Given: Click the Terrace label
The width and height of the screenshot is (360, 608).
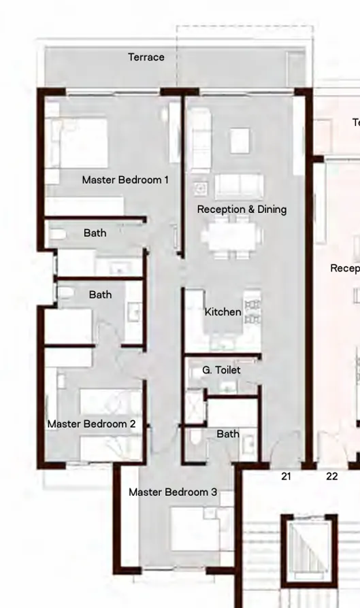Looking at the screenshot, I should tap(146, 57).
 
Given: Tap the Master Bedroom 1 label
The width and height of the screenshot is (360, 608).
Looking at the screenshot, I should tap(125, 180).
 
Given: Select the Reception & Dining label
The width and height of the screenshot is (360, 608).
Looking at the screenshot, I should tap(242, 209).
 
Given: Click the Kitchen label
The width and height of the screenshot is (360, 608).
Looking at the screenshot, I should tap(223, 312).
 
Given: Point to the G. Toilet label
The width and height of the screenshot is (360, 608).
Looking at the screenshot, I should tap(221, 371).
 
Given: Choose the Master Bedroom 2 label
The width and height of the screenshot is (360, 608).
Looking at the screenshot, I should tap(91, 424).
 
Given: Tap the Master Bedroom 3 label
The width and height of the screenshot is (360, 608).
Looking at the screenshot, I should tap(173, 492).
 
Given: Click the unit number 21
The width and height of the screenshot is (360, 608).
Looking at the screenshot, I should tap(286, 477).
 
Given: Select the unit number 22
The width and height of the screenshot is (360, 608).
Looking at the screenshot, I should tap(331, 477).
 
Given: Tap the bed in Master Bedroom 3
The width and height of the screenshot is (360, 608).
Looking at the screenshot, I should tap(195, 529).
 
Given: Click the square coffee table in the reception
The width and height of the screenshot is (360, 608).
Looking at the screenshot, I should tap(240, 141).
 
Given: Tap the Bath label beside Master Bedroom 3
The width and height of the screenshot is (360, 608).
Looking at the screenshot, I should tap(228, 434).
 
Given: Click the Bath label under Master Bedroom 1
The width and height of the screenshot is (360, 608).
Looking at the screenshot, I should tap(95, 233).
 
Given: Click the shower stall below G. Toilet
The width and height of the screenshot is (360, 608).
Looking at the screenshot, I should tap(195, 407).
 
